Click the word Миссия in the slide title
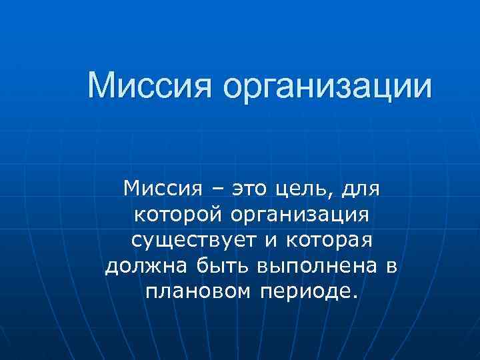coord(151,87)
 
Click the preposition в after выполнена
coord(391,267)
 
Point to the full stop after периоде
coord(355,297)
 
